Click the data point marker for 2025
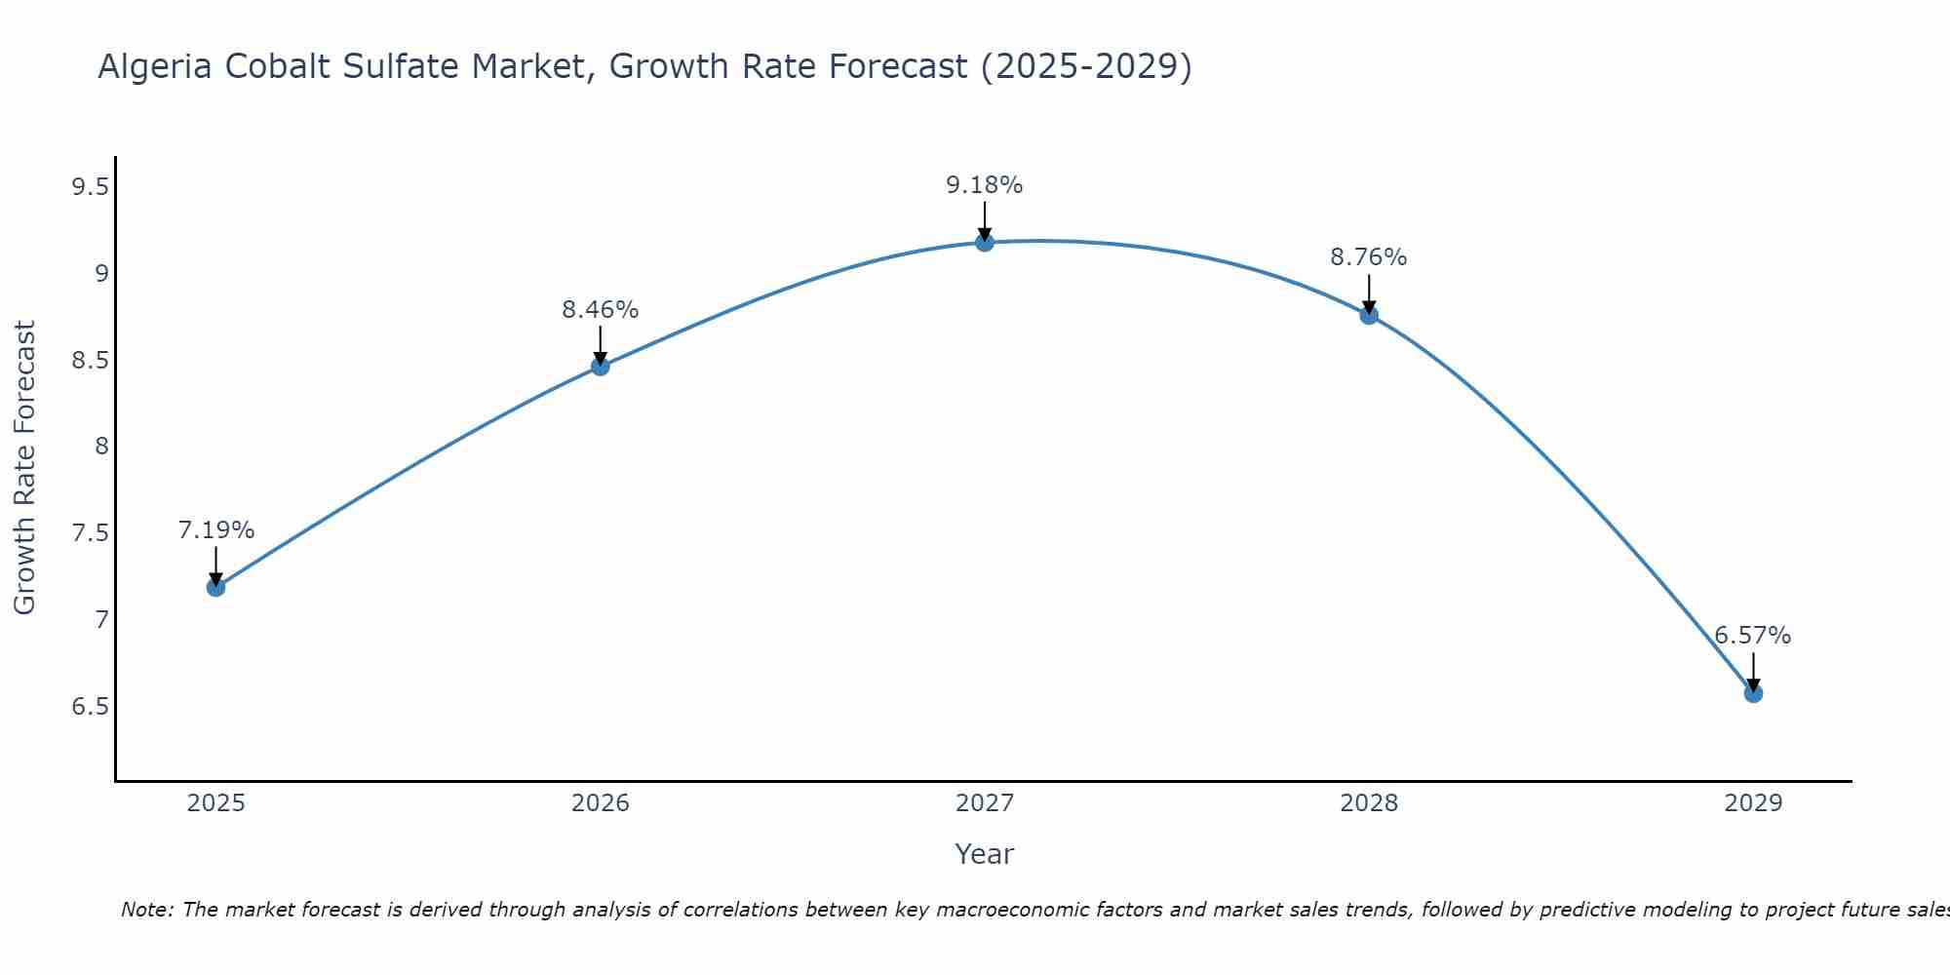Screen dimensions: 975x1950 click(x=216, y=587)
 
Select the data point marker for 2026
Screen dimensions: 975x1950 click(x=601, y=367)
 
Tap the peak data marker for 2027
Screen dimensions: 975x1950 click(x=985, y=242)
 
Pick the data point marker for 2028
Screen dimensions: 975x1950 click(x=1369, y=315)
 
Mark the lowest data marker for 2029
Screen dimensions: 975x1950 click(x=1753, y=693)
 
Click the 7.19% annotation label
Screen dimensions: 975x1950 click(x=216, y=530)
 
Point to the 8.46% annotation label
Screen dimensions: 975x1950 click(x=601, y=310)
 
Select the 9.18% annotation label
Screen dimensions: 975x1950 click(x=985, y=185)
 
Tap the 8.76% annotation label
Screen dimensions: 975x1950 click(x=1369, y=257)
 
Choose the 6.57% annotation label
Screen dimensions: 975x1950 click(x=1753, y=636)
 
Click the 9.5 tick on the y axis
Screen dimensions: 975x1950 click(x=90, y=187)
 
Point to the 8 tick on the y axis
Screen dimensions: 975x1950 click(x=101, y=447)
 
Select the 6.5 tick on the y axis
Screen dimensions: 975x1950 click(x=90, y=706)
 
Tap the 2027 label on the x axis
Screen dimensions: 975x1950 click(x=985, y=803)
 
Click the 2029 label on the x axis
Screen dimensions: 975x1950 click(x=1753, y=803)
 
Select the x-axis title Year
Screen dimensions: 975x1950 click(x=985, y=854)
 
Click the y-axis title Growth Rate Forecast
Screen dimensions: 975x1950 click(x=25, y=468)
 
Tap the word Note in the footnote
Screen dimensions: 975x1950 click(x=145, y=910)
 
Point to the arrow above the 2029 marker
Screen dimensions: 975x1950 click(x=1753, y=671)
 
